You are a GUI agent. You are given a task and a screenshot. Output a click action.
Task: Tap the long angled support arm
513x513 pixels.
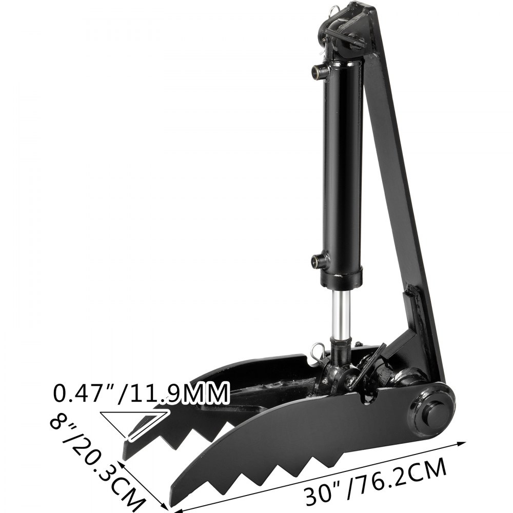(405, 169)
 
